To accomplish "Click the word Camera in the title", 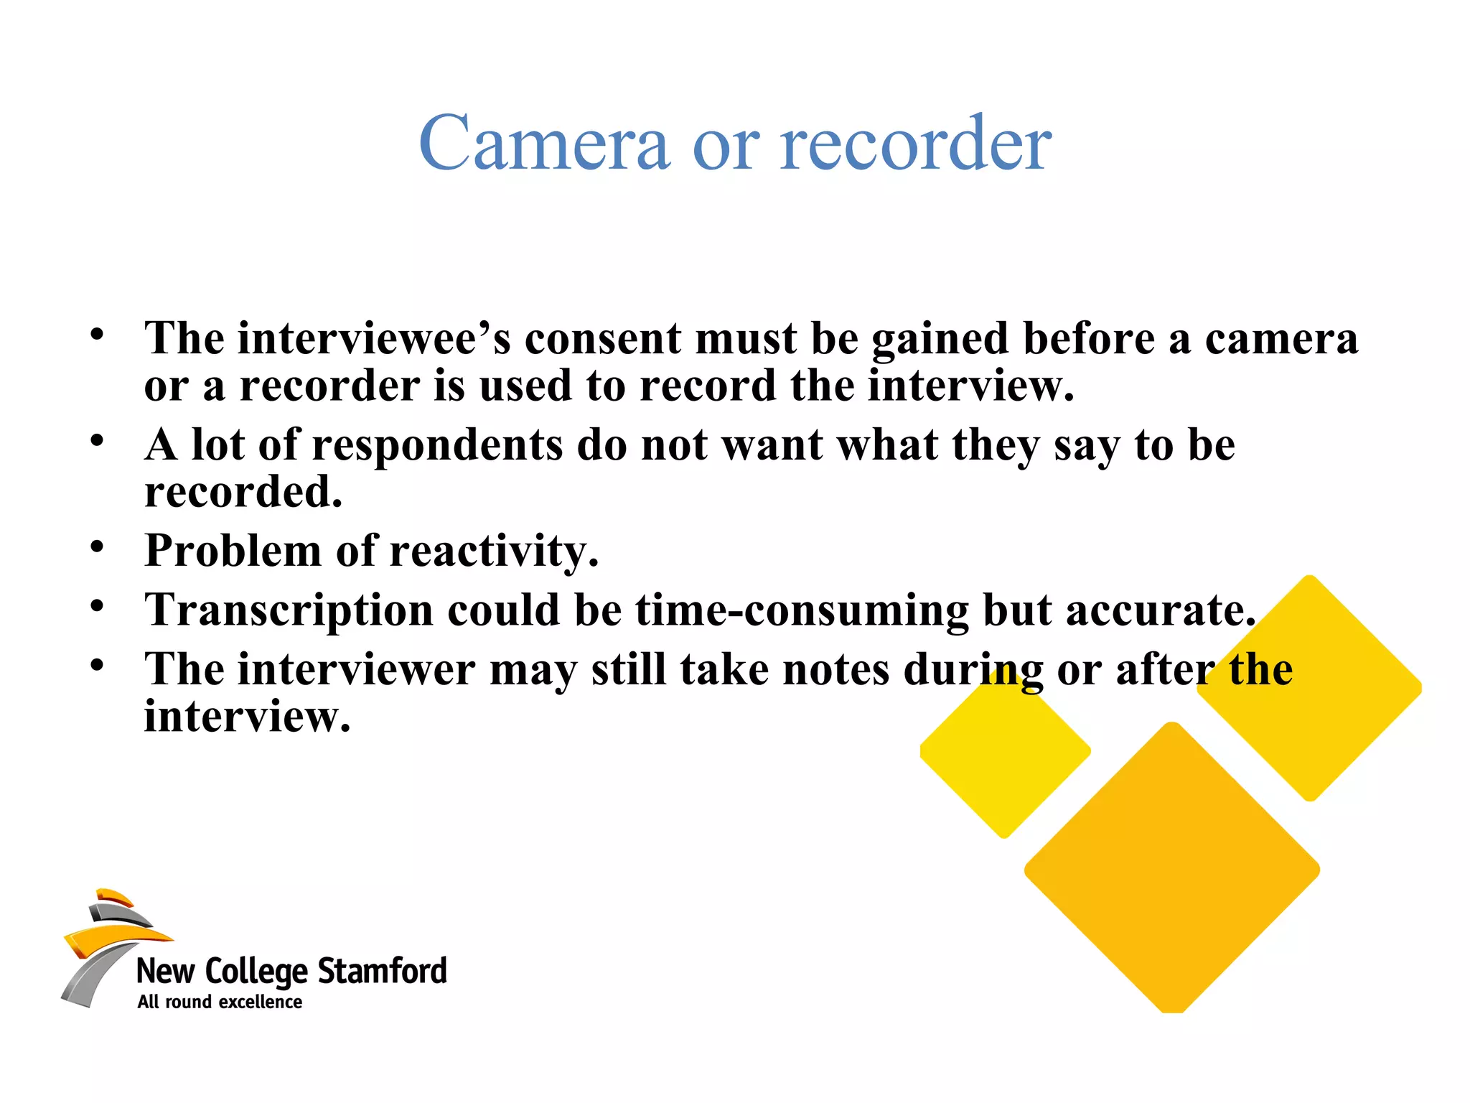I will [x=543, y=144].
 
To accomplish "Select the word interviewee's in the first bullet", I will [x=374, y=338].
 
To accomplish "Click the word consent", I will [x=602, y=338].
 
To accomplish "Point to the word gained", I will [x=940, y=338].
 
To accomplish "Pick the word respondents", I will [x=437, y=445].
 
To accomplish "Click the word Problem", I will [x=233, y=551].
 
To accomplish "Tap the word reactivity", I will [x=494, y=551].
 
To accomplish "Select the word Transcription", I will [x=289, y=610].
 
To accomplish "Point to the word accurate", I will [x=1160, y=610].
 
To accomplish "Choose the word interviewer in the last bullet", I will [x=356, y=669].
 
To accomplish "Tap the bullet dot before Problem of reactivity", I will [x=97, y=547].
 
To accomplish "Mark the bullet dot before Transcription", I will [x=97, y=607].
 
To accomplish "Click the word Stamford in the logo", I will [x=382, y=971].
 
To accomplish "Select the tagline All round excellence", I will [x=220, y=1002].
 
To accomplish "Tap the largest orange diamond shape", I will [x=1171, y=869].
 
